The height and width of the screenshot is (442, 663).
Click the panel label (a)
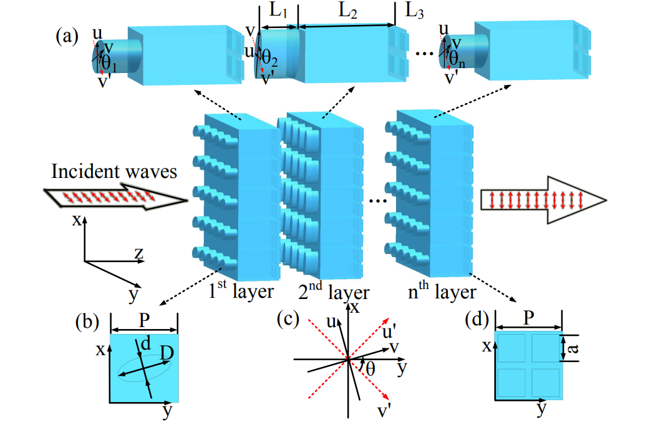(x=67, y=37)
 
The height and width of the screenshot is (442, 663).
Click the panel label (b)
(x=87, y=323)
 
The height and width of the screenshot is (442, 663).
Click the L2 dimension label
(x=348, y=12)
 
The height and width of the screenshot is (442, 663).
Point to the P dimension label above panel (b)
(x=144, y=320)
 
